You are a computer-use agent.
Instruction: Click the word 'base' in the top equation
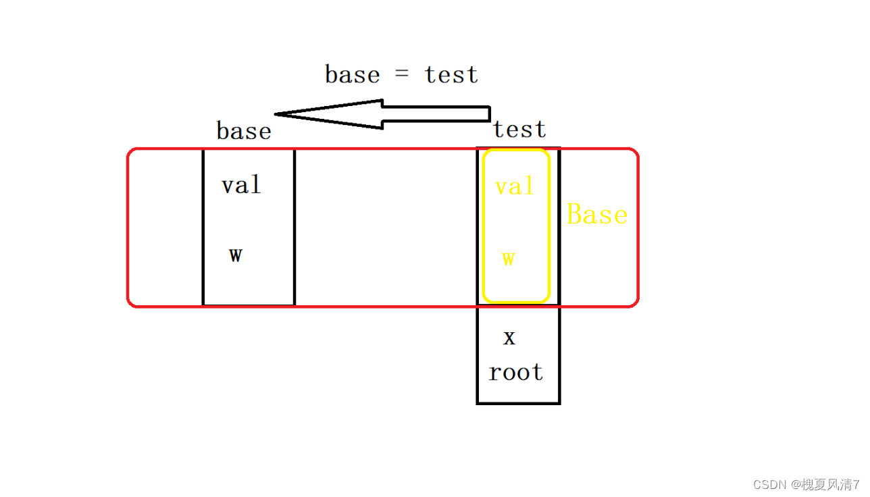click(x=352, y=74)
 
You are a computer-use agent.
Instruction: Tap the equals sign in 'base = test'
click(x=402, y=75)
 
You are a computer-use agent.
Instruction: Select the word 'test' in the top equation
click(x=451, y=74)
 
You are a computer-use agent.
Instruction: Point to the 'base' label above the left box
click(x=243, y=130)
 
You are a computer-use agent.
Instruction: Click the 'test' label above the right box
click(x=519, y=129)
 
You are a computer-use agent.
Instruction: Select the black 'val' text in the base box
click(x=240, y=184)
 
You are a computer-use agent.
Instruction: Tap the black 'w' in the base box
click(x=235, y=255)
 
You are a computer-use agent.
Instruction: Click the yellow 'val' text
click(x=514, y=186)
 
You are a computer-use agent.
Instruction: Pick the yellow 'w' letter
click(x=508, y=258)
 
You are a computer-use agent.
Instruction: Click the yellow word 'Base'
click(x=596, y=215)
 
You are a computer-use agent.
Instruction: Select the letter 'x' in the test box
click(x=509, y=338)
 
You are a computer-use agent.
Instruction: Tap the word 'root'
click(x=516, y=372)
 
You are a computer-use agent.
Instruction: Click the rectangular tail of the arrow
click(x=459, y=113)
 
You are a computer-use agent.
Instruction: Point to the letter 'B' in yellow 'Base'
click(x=575, y=215)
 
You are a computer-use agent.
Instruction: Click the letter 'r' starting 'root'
click(x=494, y=373)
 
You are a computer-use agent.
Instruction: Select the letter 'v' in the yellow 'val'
click(x=501, y=187)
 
